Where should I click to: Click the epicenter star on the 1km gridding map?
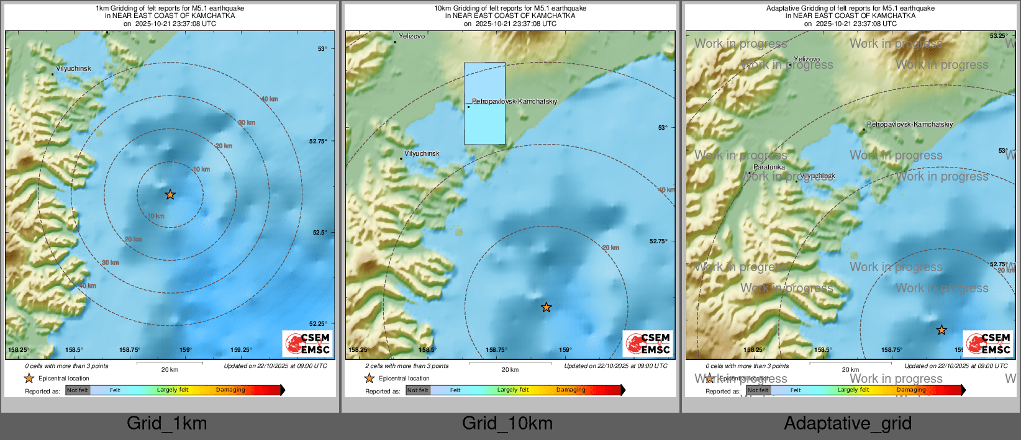[x=170, y=195]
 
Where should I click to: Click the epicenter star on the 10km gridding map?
[x=546, y=307]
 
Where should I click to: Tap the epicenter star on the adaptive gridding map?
[x=942, y=330]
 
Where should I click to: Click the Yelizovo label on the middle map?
[x=412, y=36]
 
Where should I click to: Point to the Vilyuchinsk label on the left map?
[x=73, y=68]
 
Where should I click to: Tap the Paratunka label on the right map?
[x=769, y=167]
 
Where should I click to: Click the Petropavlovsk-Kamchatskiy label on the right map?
[x=910, y=124]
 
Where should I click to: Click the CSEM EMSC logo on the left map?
[x=307, y=343]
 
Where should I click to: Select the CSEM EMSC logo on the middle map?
[x=648, y=343]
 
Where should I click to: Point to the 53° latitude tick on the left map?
[x=322, y=48]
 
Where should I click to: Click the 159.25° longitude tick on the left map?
[x=241, y=350]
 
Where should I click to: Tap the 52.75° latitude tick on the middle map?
[x=658, y=241]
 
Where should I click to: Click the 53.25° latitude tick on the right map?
[x=999, y=36]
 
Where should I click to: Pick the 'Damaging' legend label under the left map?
[x=230, y=390]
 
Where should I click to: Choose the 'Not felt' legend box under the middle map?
[x=418, y=390]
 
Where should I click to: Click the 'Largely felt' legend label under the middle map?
[x=513, y=390]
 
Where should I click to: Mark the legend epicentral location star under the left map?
[x=29, y=378]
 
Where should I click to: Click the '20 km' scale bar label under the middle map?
[x=510, y=370]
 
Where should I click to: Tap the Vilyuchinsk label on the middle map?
[x=422, y=153]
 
